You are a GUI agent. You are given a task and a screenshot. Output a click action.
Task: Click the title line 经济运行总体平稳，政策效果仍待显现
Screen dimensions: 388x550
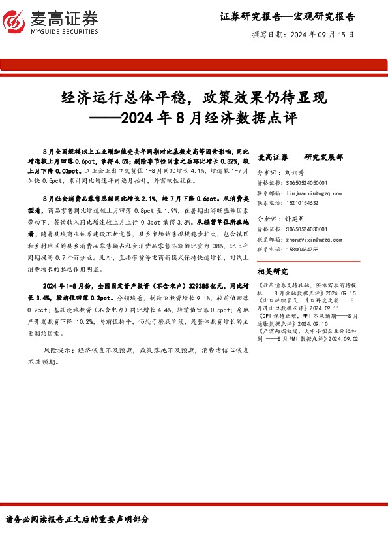pos(194,98)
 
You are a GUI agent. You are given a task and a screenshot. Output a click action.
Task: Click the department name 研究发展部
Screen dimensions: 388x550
pos(323,157)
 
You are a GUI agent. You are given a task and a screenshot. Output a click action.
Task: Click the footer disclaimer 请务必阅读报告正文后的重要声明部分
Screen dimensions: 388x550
pos(78,520)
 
